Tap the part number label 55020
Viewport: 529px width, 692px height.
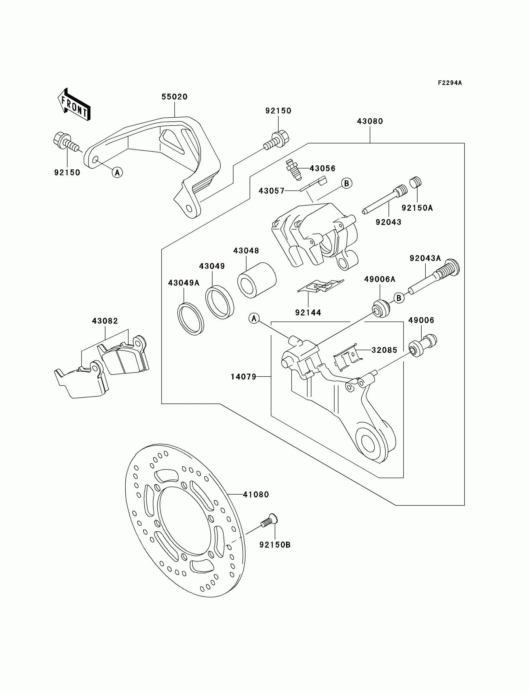click(175, 97)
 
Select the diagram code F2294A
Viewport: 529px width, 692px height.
click(450, 83)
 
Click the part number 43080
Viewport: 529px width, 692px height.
click(370, 121)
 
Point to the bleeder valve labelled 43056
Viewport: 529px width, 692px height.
click(292, 169)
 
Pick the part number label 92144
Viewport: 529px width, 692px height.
click(308, 313)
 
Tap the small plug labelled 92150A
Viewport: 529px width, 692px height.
click(415, 182)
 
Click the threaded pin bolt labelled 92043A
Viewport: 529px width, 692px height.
click(434, 277)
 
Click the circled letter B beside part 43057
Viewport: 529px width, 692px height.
click(346, 183)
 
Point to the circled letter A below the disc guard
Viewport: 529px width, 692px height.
click(117, 172)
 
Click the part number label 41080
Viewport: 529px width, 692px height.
click(256, 495)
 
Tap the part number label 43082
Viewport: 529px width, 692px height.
click(105, 321)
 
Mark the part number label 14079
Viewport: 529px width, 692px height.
click(243, 376)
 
